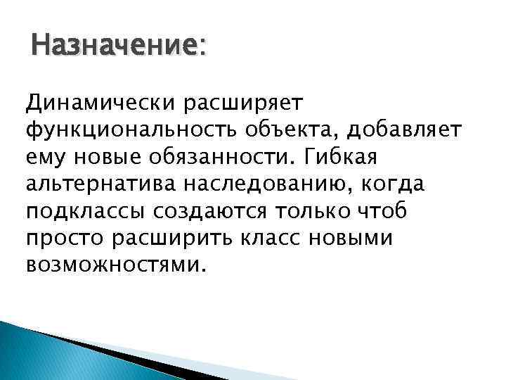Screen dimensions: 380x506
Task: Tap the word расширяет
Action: tap(242, 103)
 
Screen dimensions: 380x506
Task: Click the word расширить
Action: tap(169, 239)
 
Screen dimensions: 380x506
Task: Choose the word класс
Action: tap(271, 239)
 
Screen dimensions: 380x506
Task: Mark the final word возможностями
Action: tap(115, 265)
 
